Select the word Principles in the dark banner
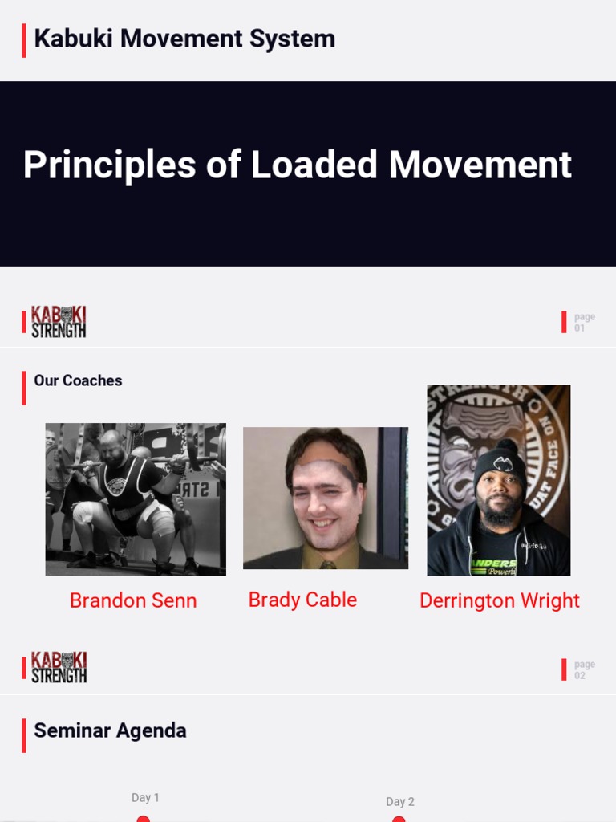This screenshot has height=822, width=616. (x=109, y=165)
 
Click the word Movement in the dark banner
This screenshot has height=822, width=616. (x=480, y=165)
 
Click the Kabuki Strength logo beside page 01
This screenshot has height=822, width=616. (x=59, y=322)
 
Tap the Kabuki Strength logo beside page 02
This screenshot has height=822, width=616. (x=59, y=668)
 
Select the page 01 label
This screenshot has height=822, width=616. (x=584, y=322)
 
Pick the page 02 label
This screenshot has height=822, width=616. (x=584, y=669)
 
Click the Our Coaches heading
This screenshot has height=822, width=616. (x=78, y=380)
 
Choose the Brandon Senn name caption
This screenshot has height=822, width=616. (x=133, y=600)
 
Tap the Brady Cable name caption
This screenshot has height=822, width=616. (x=302, y=600)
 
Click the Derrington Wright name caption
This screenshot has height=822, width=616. (x=499, y=600)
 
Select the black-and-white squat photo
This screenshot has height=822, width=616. (x=136, y=499)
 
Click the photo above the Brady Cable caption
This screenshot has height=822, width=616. (x=326, y=498)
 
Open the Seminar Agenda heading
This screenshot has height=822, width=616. (x=110, y=730)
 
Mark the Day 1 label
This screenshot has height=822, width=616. (x=145, y=797)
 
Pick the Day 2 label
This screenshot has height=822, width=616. (x=400, y=801)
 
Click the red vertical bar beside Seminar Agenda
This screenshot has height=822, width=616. (x=24, y=735)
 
